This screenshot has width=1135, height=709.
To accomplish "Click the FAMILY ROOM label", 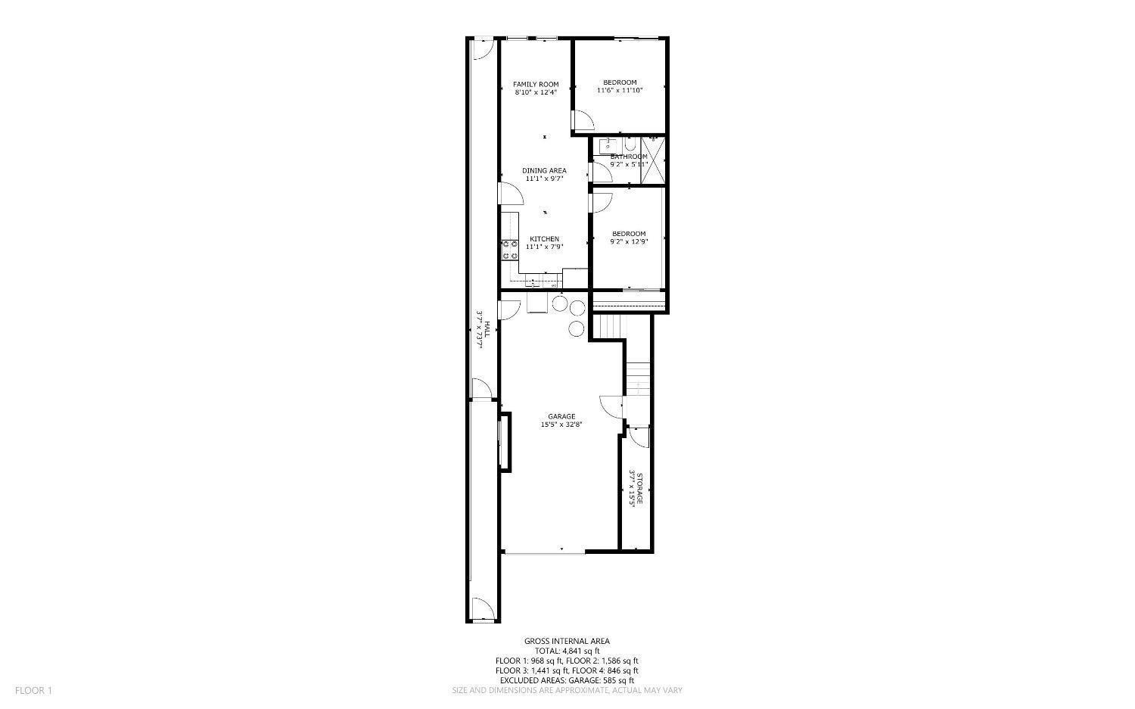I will (536, 84).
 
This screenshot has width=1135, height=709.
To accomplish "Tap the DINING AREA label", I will (544, 171).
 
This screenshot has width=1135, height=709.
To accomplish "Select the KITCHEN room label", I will (544, 239).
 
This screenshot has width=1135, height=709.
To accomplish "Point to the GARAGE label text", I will (561, 417).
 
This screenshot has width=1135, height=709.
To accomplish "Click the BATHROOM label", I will (629, 157).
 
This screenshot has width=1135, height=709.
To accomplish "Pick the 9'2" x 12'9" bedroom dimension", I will (629, 242).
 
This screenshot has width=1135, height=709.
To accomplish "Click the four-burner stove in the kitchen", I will (509, 250).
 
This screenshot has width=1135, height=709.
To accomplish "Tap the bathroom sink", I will (607, 145).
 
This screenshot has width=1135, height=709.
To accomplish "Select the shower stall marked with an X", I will (653, 160).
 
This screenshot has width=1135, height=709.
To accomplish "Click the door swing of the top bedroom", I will (582, 120).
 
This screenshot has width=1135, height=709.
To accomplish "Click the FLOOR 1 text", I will (33, 690).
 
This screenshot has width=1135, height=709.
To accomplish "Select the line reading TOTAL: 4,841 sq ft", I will (567, 651).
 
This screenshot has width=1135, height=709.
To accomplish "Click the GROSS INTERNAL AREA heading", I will (567, 641).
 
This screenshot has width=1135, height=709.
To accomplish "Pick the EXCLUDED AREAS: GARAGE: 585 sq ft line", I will (567, 680).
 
